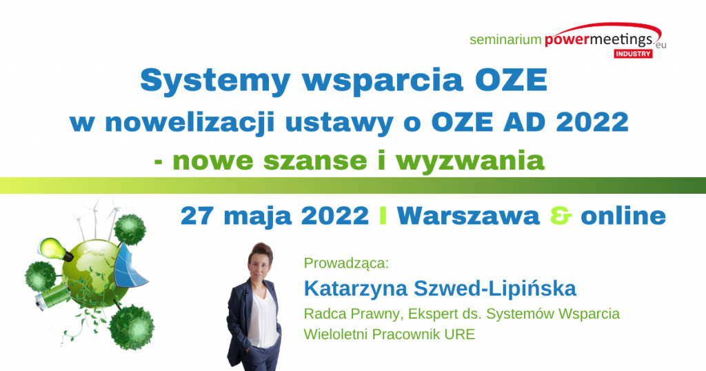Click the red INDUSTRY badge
click(633, 54)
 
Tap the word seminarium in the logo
click(505, 39)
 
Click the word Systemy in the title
click(215, 81)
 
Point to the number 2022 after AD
click(592, 122)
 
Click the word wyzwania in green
click(470, 161)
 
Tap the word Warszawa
click(468, 216)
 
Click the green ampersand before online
click(561, 216)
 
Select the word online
click(623, 215)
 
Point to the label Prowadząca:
click(346, 263)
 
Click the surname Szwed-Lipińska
click(495, 288)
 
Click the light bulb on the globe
click(55, 249)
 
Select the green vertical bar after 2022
click(383, 216)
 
